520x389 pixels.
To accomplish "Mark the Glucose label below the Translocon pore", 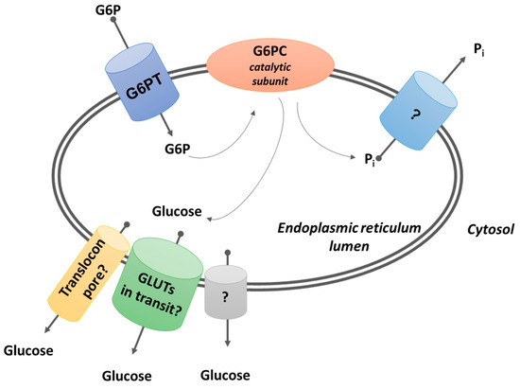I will [x=27, y=352].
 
